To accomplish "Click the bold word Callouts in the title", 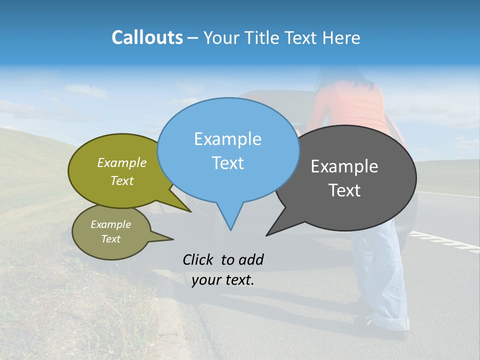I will coord(147,37).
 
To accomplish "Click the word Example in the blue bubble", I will coord(228,139).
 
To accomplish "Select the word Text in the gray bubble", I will coord(344,190).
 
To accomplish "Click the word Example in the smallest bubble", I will coord(110,224).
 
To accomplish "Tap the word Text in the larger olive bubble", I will coord(122,180).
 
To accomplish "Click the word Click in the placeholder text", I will coord(198,259).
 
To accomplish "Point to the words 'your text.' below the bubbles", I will coord(223,280).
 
